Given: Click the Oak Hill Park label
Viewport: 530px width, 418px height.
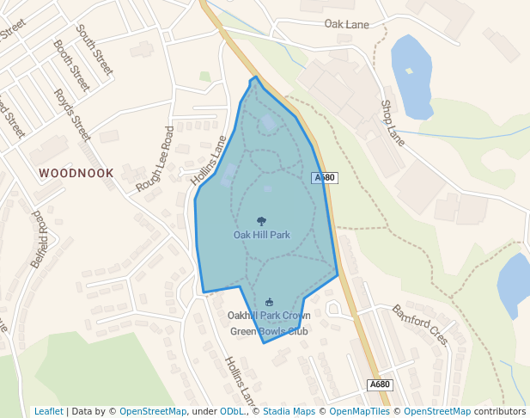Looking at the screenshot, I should pyautogui.click(x=262, y=234).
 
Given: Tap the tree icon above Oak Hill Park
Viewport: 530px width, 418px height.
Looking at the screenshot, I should pyautogui.click(x=262, y=221).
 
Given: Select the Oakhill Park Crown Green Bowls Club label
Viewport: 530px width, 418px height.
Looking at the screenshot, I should pyautogui.click(x=269, y=323).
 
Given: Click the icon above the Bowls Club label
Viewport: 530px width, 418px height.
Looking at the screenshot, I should pyautogui.click(x=270, y=302).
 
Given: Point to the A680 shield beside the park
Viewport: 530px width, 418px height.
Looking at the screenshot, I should pyautogui.click(x=324, y=177).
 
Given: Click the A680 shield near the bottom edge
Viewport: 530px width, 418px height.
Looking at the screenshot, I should pyautogui.click(x=379, y=384).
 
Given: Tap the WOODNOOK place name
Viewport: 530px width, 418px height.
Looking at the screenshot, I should pyautogui.click(x=76, y=173).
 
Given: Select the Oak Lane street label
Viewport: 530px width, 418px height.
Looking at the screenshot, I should pyautogui.click(x=346, y=24).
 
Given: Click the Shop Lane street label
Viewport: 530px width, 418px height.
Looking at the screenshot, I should pyautogui.click(x=393, y=122).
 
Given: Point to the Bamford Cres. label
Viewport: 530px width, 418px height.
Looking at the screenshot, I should pyautogui.click(x=420, y=324).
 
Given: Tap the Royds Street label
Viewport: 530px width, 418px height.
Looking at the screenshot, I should pyautogui.click(x=72, y=114).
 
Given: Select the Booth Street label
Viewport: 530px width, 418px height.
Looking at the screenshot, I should pyautogui.click(x=71, y=65).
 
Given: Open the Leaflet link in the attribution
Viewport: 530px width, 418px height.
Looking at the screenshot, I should pyautogui.click(x=48, y=411).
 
